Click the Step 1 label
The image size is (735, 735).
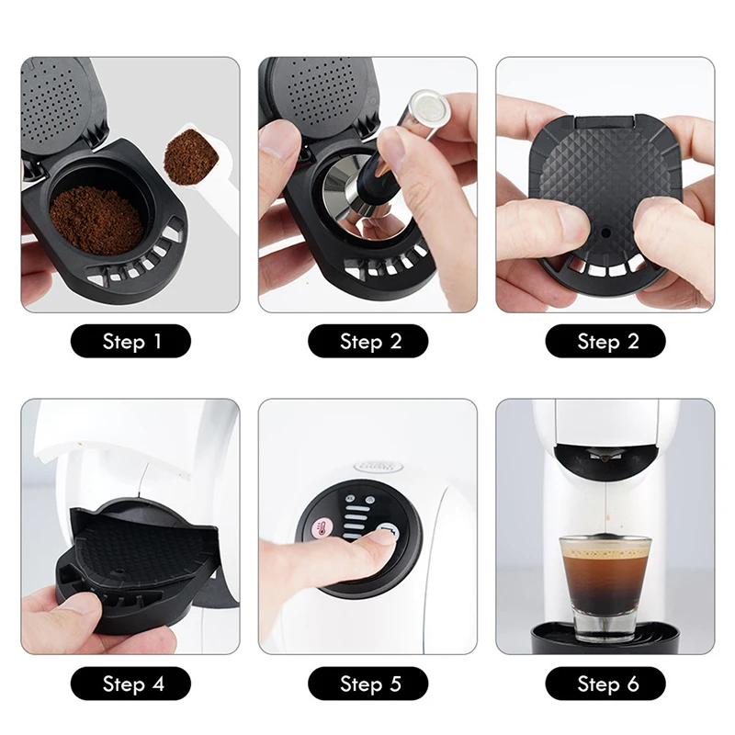click(x=130, y=342)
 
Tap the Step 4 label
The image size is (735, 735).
click(x=130, y=684)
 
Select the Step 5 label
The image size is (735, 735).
click(x=367, y=684)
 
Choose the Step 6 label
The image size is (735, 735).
click(x=605, y=684)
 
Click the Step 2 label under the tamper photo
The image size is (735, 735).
click(x=367, y=342)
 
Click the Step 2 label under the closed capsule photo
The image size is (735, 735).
click(x=605, y=342)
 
